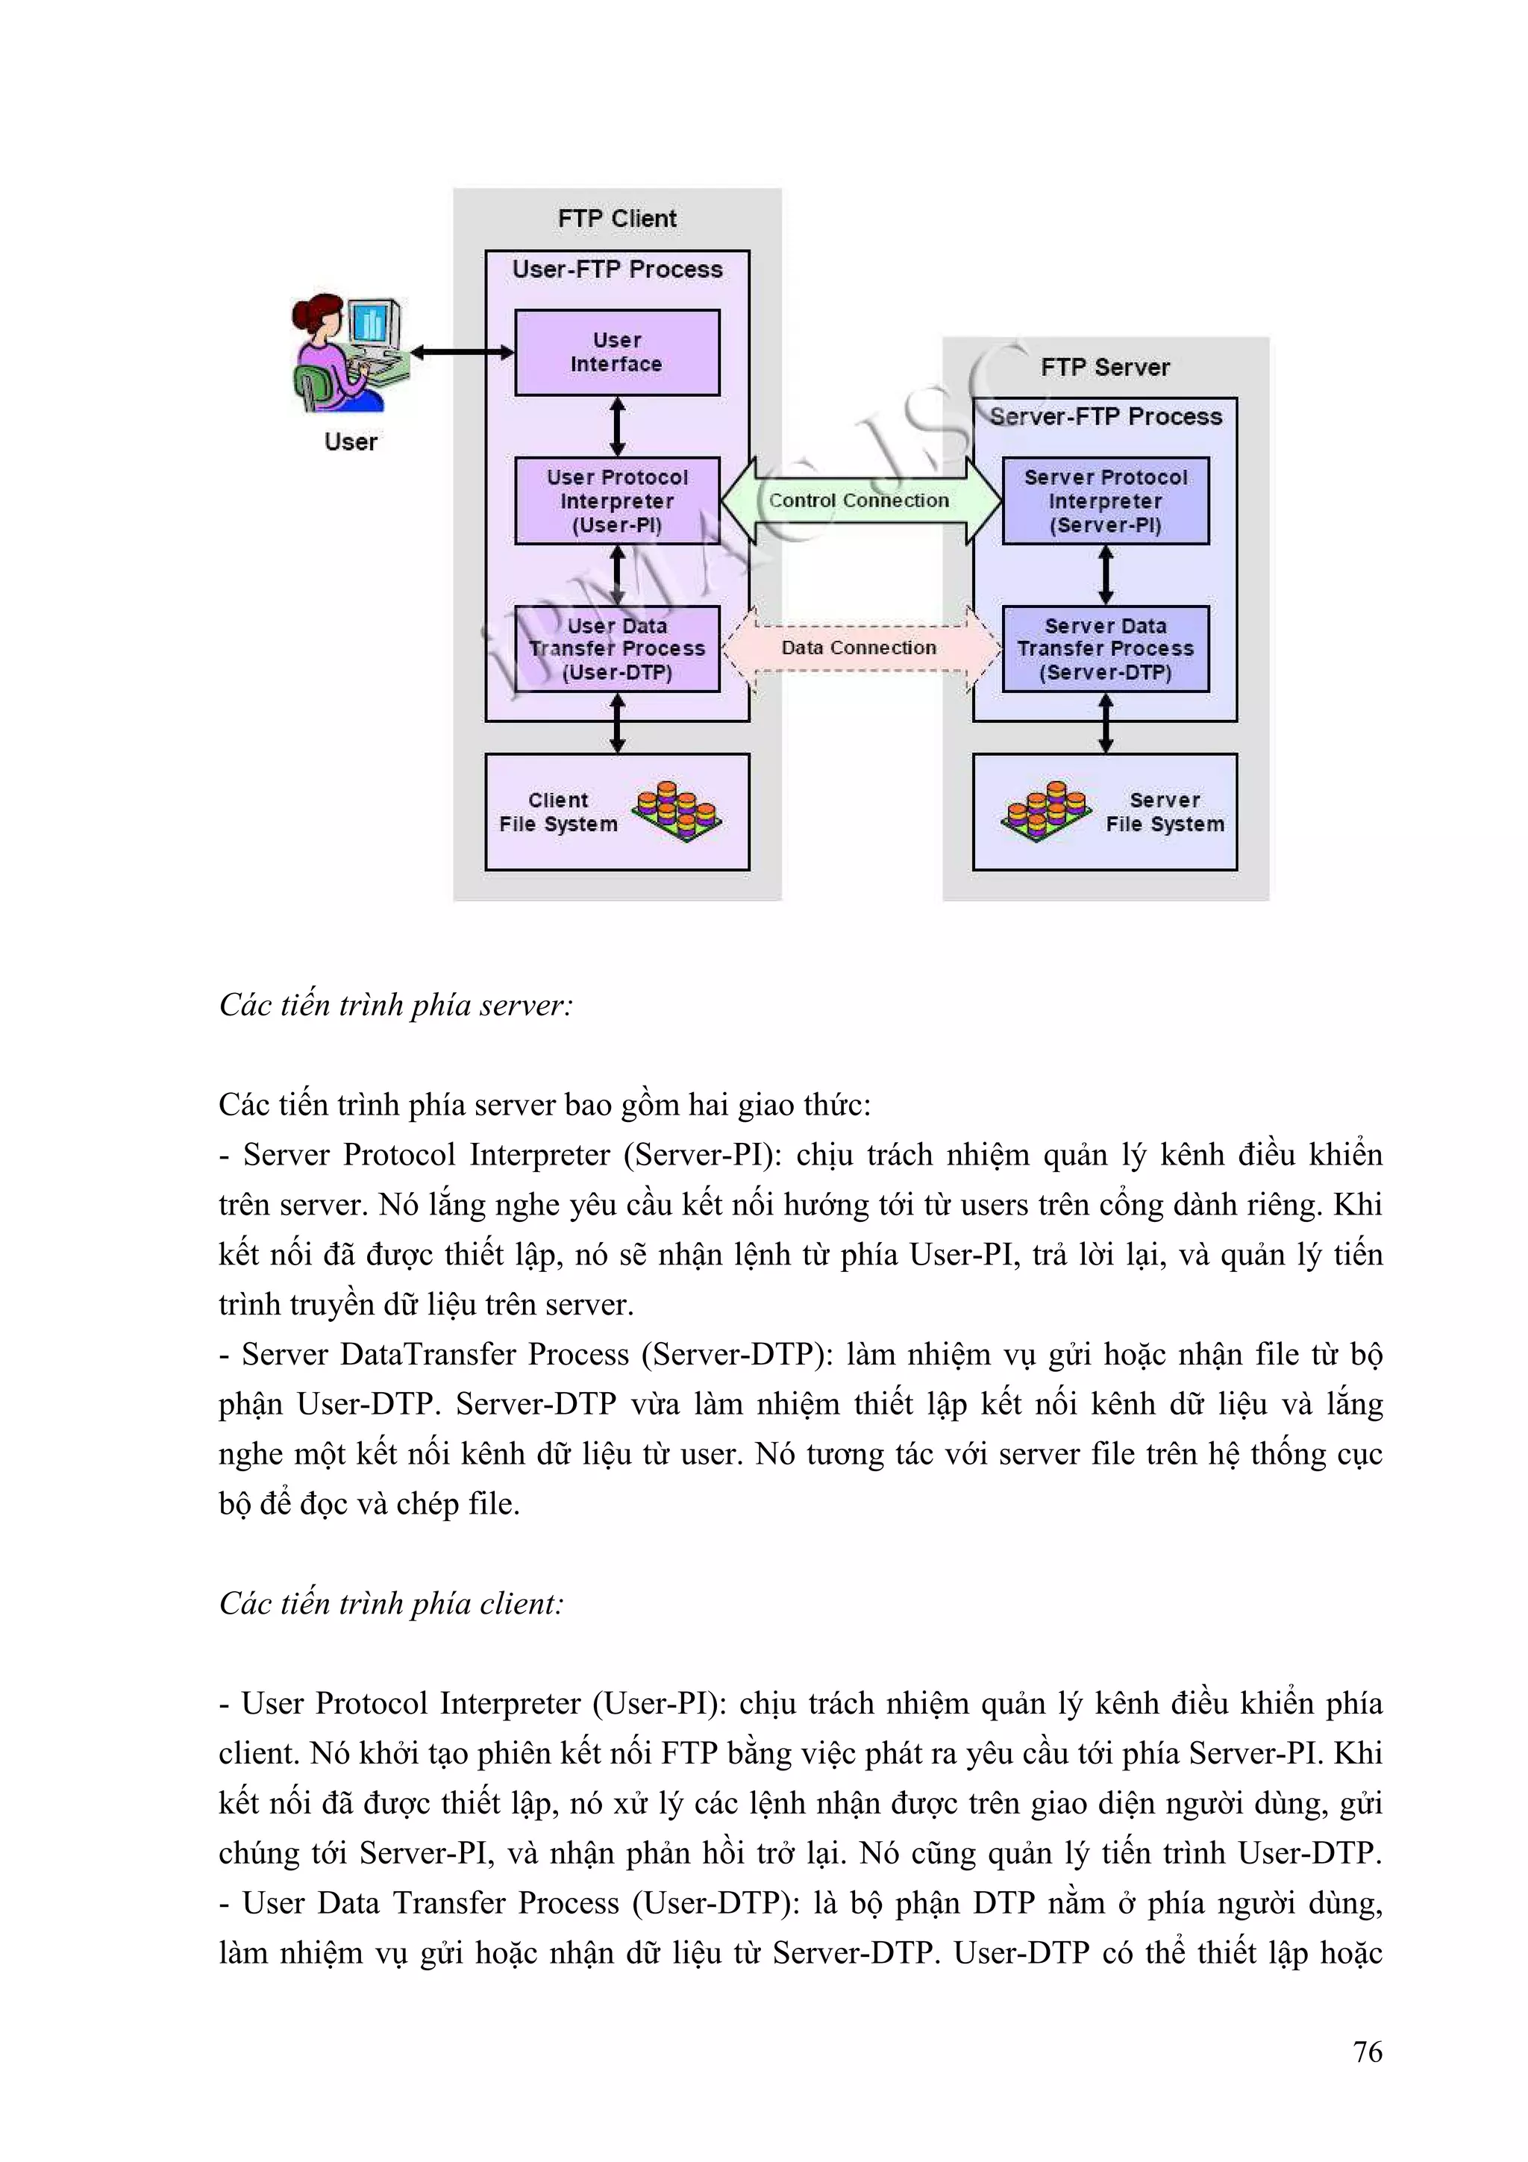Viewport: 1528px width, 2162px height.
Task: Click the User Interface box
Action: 617,352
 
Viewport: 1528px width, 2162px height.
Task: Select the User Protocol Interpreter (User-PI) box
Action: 617,501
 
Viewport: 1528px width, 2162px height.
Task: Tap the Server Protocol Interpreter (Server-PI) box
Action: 1105,501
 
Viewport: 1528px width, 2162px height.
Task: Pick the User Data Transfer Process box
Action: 617,649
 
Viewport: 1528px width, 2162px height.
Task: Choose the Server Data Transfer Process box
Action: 1105,649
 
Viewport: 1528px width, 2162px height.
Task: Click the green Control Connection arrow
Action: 859,501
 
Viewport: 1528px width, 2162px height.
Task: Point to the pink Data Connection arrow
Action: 859,648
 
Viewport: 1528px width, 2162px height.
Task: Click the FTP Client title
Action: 617,219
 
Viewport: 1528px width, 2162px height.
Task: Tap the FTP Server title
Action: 1105,367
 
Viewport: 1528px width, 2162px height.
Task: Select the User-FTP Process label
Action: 617,269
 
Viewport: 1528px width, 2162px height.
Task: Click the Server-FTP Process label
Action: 1105,416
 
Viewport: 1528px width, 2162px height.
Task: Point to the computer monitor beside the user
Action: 374,323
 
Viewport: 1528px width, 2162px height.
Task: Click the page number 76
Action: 1367,2052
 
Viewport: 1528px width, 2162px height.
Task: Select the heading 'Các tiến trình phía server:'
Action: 395,1006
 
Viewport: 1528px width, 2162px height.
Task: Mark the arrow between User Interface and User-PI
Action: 618,427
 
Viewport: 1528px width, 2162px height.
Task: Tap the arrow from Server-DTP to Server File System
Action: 1105,723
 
